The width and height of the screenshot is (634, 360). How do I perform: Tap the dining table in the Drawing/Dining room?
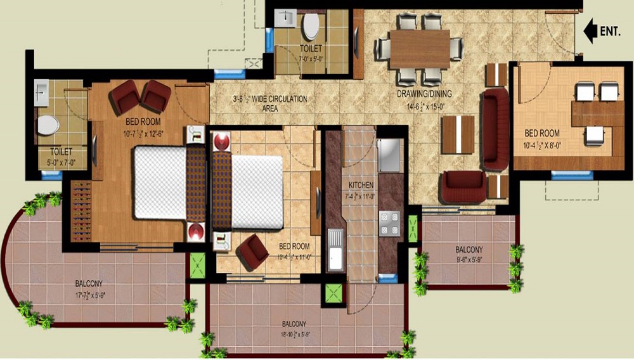[x=419, y=49]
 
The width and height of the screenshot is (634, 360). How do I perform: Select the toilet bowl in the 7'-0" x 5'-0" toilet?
[x=311, y=26]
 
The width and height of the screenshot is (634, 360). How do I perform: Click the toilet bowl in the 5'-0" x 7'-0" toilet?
[x=48, y=125]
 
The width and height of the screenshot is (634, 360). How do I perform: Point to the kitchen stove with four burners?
[x=388, y=223]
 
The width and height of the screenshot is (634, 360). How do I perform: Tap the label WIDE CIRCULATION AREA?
[x=270, y=104]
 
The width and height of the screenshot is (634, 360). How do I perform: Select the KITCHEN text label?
[x=361, y=184]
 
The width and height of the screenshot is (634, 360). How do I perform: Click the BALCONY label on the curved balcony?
[x=88, y=283]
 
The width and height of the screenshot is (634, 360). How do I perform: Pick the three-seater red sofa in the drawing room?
[x=496, y=131]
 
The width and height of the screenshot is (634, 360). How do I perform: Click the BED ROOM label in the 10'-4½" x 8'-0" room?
[x=542, y=133]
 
